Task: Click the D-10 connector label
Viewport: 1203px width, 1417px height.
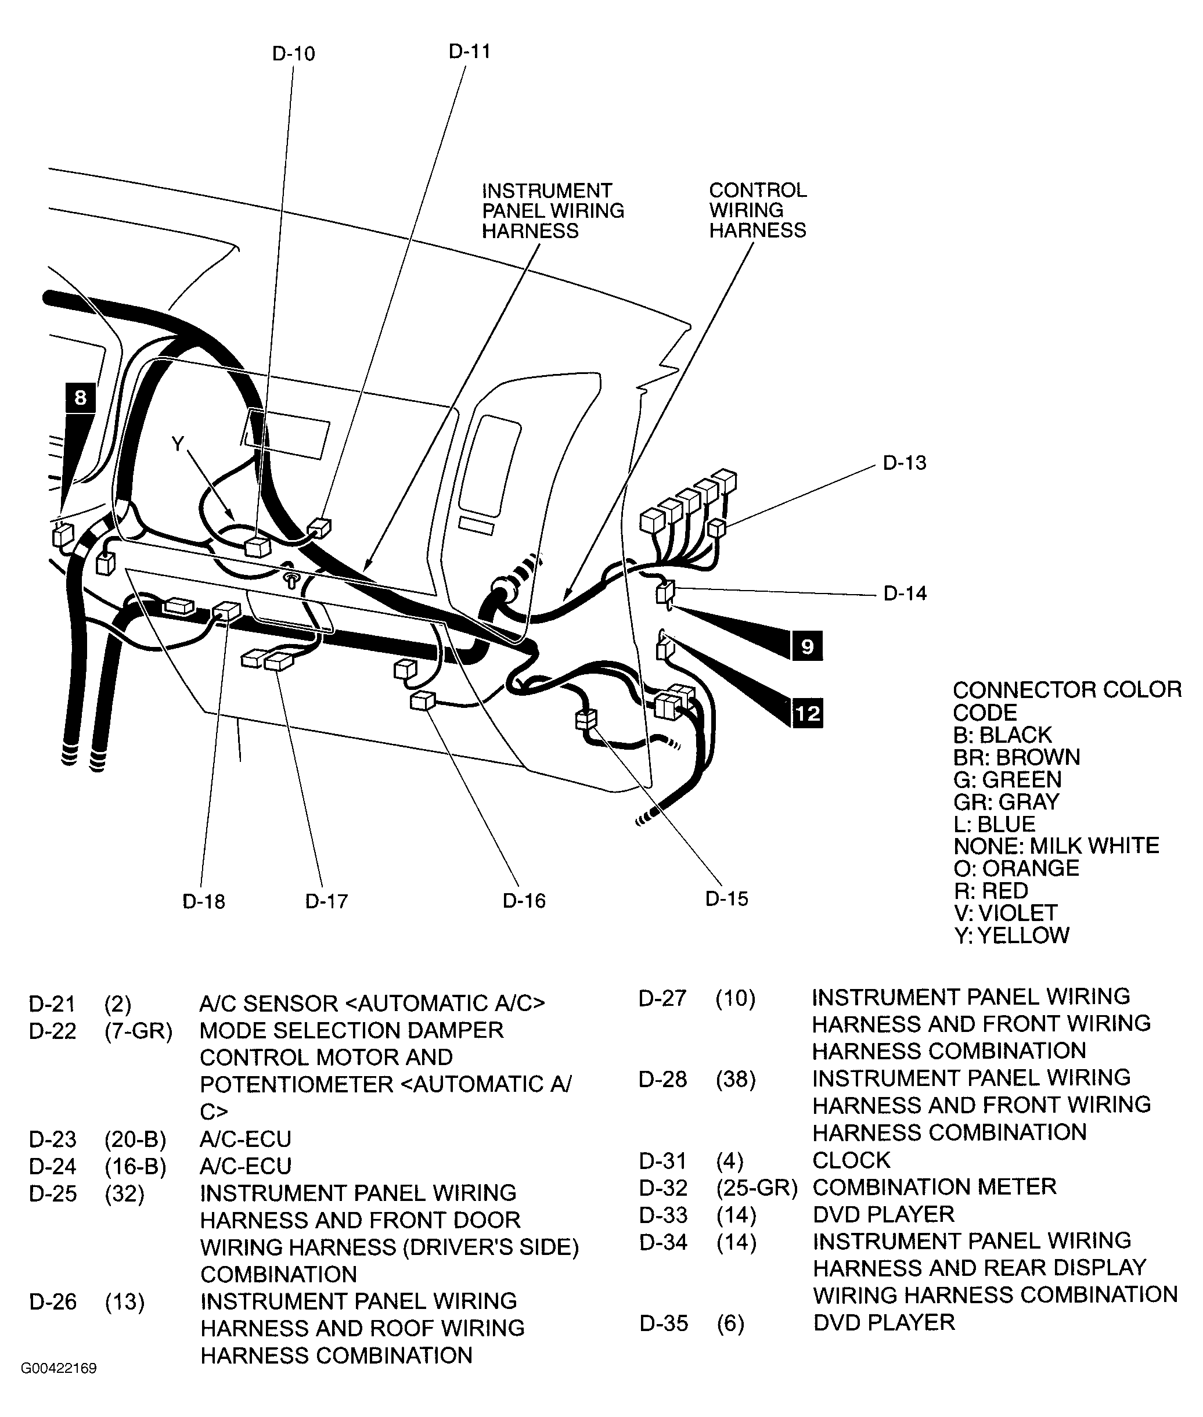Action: [293, 54]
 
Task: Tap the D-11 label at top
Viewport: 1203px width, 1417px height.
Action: [469, 52]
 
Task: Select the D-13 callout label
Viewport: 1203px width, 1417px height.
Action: [905, 463]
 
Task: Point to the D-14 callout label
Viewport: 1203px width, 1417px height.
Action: [905, 594]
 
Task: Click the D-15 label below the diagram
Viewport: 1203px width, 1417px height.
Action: [726, 898]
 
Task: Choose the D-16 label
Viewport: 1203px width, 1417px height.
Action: [524, 901]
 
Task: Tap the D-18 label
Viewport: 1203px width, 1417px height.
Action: [203, 901]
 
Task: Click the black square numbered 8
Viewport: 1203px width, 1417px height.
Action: [81, 398]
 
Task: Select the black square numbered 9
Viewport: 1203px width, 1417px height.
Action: [807, 646]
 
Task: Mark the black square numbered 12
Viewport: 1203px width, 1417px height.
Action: [807, 714]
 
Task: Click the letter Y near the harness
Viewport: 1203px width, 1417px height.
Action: [178, 444]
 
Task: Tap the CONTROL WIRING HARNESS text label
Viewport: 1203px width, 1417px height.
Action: [757, 210]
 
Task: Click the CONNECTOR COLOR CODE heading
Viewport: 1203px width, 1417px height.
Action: [1066, 700]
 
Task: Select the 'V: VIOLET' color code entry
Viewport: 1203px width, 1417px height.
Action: [1005, 913]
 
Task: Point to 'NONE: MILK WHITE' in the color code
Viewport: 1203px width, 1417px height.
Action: [1056, 846]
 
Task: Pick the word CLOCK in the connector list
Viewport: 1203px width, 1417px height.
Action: [851, 1160]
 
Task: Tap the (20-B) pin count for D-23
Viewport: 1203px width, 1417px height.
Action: [135, 1139]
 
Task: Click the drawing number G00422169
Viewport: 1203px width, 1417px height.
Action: [59, 1369]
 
